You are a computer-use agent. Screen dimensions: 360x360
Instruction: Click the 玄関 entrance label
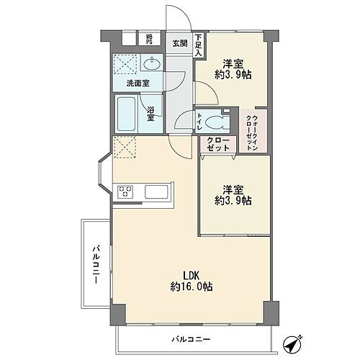[180, 42]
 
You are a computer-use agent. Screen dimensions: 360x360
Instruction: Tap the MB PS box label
[150, 39]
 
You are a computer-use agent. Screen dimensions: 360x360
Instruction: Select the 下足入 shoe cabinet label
[198, 43]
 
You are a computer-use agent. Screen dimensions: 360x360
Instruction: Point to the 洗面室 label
[138, 84]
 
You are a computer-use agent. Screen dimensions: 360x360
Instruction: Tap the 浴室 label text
[152, 114]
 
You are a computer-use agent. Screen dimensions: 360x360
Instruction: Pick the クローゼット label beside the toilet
[218, 143]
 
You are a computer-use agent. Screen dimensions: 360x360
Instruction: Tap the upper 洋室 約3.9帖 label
[231, 68]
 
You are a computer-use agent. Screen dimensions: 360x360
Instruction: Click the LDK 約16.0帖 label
[191, 280]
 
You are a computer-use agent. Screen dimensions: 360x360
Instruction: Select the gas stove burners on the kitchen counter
[125, 192]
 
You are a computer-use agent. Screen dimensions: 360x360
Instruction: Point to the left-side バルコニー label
[94, 264]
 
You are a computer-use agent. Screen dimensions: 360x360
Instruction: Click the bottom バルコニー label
[191, 338]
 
